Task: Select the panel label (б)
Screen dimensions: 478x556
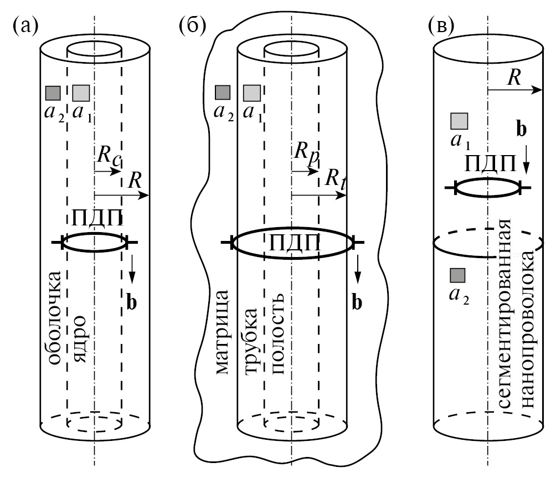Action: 193,26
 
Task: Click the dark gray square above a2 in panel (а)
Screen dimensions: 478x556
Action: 53,92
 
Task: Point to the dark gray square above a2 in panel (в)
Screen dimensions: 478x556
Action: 457,275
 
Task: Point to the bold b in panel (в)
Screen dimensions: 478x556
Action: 521,129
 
